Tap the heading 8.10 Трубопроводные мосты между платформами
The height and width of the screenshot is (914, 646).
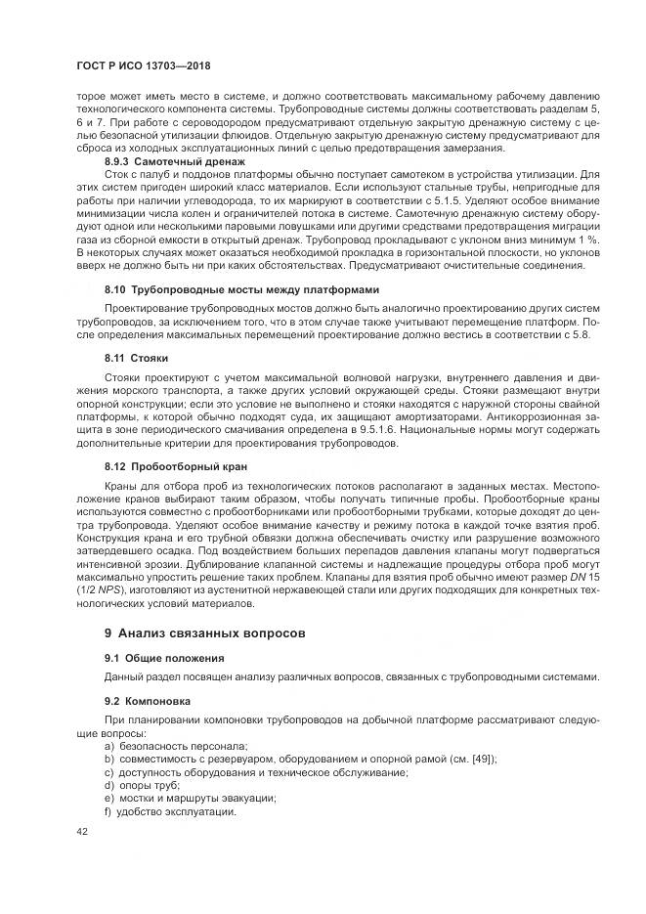[x=241, y=290]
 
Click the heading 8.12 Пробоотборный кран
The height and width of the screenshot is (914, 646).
[x=176, y=465]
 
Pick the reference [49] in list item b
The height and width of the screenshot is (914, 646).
[x=482, y=759]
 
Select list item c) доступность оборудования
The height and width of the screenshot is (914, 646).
[x=255, y=772]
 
